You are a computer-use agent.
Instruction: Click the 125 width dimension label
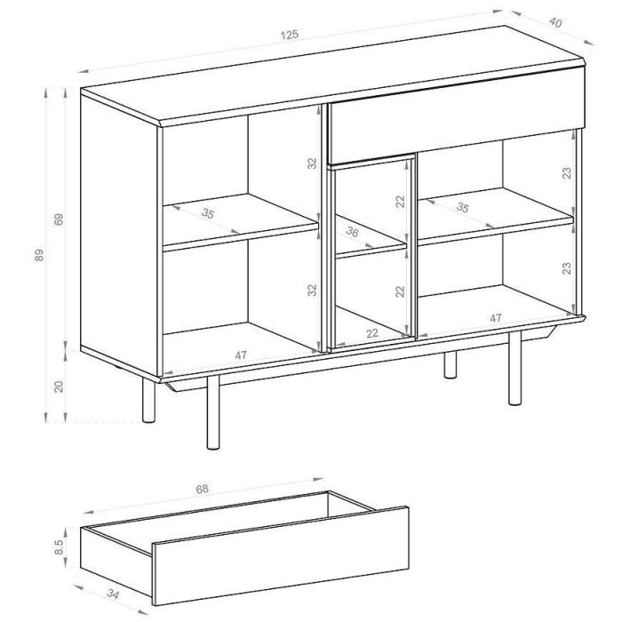pos(289,35)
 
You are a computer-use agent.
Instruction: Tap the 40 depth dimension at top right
pos(555,23)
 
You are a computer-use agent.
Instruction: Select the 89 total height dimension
pos(39,255)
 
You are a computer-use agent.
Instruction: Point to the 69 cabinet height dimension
pos(59,219)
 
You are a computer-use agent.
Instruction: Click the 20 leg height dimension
pos(59,387)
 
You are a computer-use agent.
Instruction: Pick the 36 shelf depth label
pos(352,232)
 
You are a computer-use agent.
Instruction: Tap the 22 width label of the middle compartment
pos(372,333)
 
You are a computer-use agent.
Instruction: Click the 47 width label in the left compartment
pos(241,355)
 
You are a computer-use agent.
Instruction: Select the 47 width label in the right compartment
pos(496,318)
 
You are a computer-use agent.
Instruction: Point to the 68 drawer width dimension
pos(202,489)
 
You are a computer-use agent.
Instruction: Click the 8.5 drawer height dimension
pos(60,546)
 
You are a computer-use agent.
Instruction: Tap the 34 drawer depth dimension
pos(113,594)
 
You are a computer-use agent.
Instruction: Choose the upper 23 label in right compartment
pos(568,173)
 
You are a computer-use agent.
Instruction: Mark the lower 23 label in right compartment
pos(568,268)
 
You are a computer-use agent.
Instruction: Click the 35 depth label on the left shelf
pos(207,213)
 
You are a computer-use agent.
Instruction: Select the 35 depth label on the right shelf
pos(462,207)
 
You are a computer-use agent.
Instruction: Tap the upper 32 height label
pos(313,163)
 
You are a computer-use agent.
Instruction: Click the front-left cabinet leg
pos(213,412)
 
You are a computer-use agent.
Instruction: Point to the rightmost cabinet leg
pos(514,369)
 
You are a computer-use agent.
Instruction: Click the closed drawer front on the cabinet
pos(457,115)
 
